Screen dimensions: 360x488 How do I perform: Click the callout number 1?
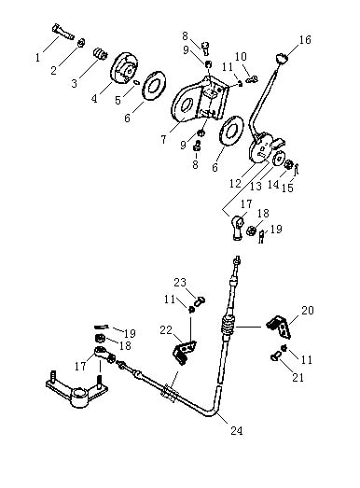coord(37,57)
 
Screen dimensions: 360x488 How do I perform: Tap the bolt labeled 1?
coord(63,32)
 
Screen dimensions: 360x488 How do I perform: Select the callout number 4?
coord(94,98)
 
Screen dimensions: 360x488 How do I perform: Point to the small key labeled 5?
coord(136,82)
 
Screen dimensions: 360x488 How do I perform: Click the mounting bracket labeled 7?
coord(199,100)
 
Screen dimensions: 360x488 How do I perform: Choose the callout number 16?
coord(305,39)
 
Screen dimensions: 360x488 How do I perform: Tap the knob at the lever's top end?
coord(282,58)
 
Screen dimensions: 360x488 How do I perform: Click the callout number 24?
coord(237,430)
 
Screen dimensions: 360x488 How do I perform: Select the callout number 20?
coord(308,310)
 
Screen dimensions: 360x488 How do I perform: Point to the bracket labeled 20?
coord(279,327)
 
